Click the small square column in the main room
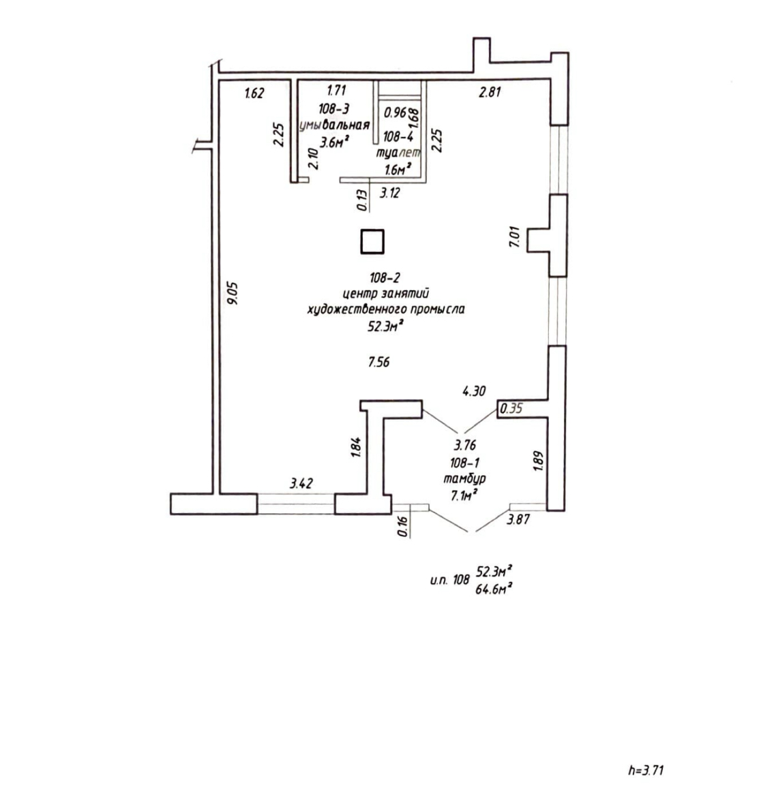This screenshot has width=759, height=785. tap(372, 242)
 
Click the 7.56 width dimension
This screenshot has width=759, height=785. tap(378, 363)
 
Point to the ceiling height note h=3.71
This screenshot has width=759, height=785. tap(645, 771)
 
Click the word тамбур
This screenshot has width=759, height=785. tap(464, 479)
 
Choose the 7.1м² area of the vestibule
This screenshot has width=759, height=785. tap(464, 495)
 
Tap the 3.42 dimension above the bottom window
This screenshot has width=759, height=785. tap(301, 484)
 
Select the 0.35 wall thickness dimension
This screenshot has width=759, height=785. tap(511, 409)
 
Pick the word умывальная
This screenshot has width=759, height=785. tap(335, 125)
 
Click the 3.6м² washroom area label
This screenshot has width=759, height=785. tap(335, 142)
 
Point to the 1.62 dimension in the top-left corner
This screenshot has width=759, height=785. tap(254, 93)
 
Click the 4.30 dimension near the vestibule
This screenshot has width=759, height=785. tap(473, 391)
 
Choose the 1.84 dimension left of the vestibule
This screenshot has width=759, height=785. tap(355, 447)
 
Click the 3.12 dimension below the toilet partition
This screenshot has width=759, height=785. tap(389, 193)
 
